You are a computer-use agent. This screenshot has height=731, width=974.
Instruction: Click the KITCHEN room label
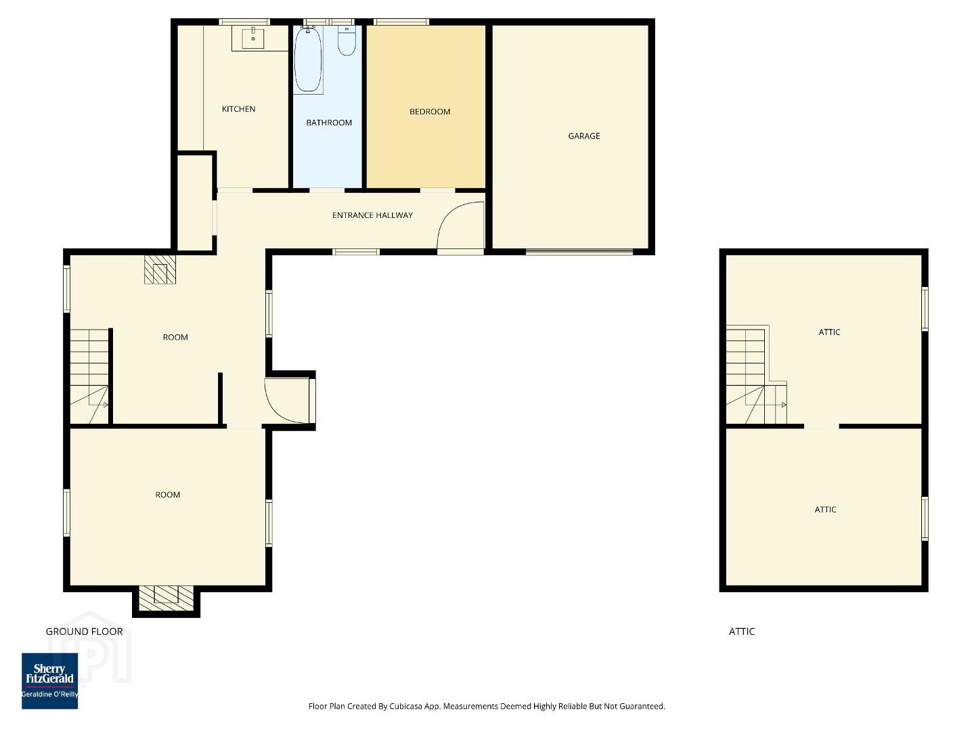point(238,109)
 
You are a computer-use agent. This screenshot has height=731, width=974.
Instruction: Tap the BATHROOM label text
point(329,123)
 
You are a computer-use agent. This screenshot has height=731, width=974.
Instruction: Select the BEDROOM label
point(430,112)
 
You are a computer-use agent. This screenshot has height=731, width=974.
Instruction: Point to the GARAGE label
point(584,136)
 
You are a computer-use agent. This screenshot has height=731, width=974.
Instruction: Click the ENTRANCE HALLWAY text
point(372,215)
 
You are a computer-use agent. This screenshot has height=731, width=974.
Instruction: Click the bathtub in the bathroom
point(308,60)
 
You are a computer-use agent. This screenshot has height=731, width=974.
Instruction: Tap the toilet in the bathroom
point(347,41)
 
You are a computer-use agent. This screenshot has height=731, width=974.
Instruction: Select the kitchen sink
point(253,37)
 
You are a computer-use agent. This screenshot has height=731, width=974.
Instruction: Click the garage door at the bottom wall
point(579,252)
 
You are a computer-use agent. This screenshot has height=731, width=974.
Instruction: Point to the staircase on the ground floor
point(89,376)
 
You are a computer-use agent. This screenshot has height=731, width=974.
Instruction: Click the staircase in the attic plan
point(756,375)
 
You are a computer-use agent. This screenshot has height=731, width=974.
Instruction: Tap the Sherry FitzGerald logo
point(49,681)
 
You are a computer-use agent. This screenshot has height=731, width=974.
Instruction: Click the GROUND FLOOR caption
point(85,632)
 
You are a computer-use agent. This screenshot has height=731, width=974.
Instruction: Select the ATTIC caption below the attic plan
point(741,632)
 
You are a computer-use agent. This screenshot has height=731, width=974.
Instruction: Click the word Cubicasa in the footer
point(405,706)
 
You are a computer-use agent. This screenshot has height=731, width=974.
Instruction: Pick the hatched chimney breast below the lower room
point(167,598)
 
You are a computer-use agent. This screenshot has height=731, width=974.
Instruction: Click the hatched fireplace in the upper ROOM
point(160,269)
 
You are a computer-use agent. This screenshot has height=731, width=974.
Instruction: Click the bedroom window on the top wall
point(401,22)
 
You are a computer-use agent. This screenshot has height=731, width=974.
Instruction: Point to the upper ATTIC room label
point(829,332)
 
